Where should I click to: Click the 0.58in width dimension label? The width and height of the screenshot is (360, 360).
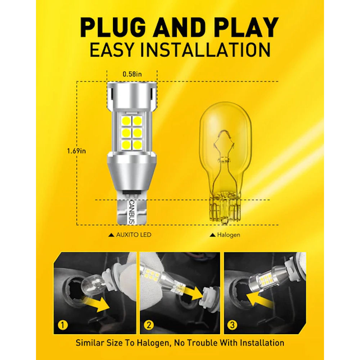point(132,74)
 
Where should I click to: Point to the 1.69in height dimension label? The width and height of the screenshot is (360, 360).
point(76,151)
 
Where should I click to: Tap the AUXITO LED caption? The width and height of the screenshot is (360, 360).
point(134,235)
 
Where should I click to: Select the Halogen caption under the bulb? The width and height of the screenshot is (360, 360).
point(229,235)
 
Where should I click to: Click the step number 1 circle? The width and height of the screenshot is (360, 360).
point(63,325)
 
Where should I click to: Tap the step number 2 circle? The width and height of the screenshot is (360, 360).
point(149,325)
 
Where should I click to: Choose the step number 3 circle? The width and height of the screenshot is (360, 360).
point(232,325)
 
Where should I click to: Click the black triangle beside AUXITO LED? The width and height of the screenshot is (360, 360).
point(111,235)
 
